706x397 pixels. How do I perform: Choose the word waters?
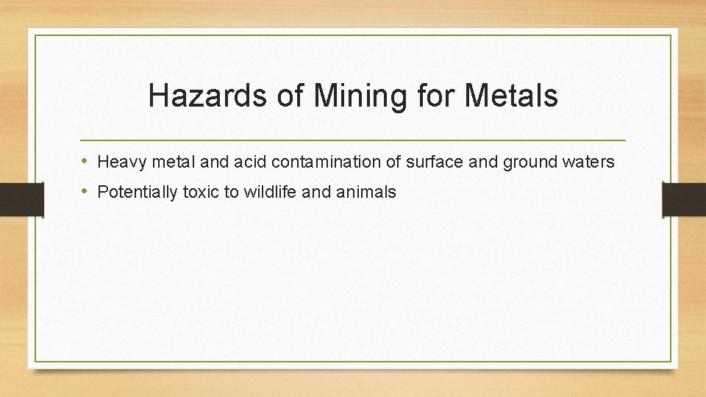coord(588,161)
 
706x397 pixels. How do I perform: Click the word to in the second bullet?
coord(232,193)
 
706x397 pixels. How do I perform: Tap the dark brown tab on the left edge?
coord(22,199)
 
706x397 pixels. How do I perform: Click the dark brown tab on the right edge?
coord(684,199)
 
